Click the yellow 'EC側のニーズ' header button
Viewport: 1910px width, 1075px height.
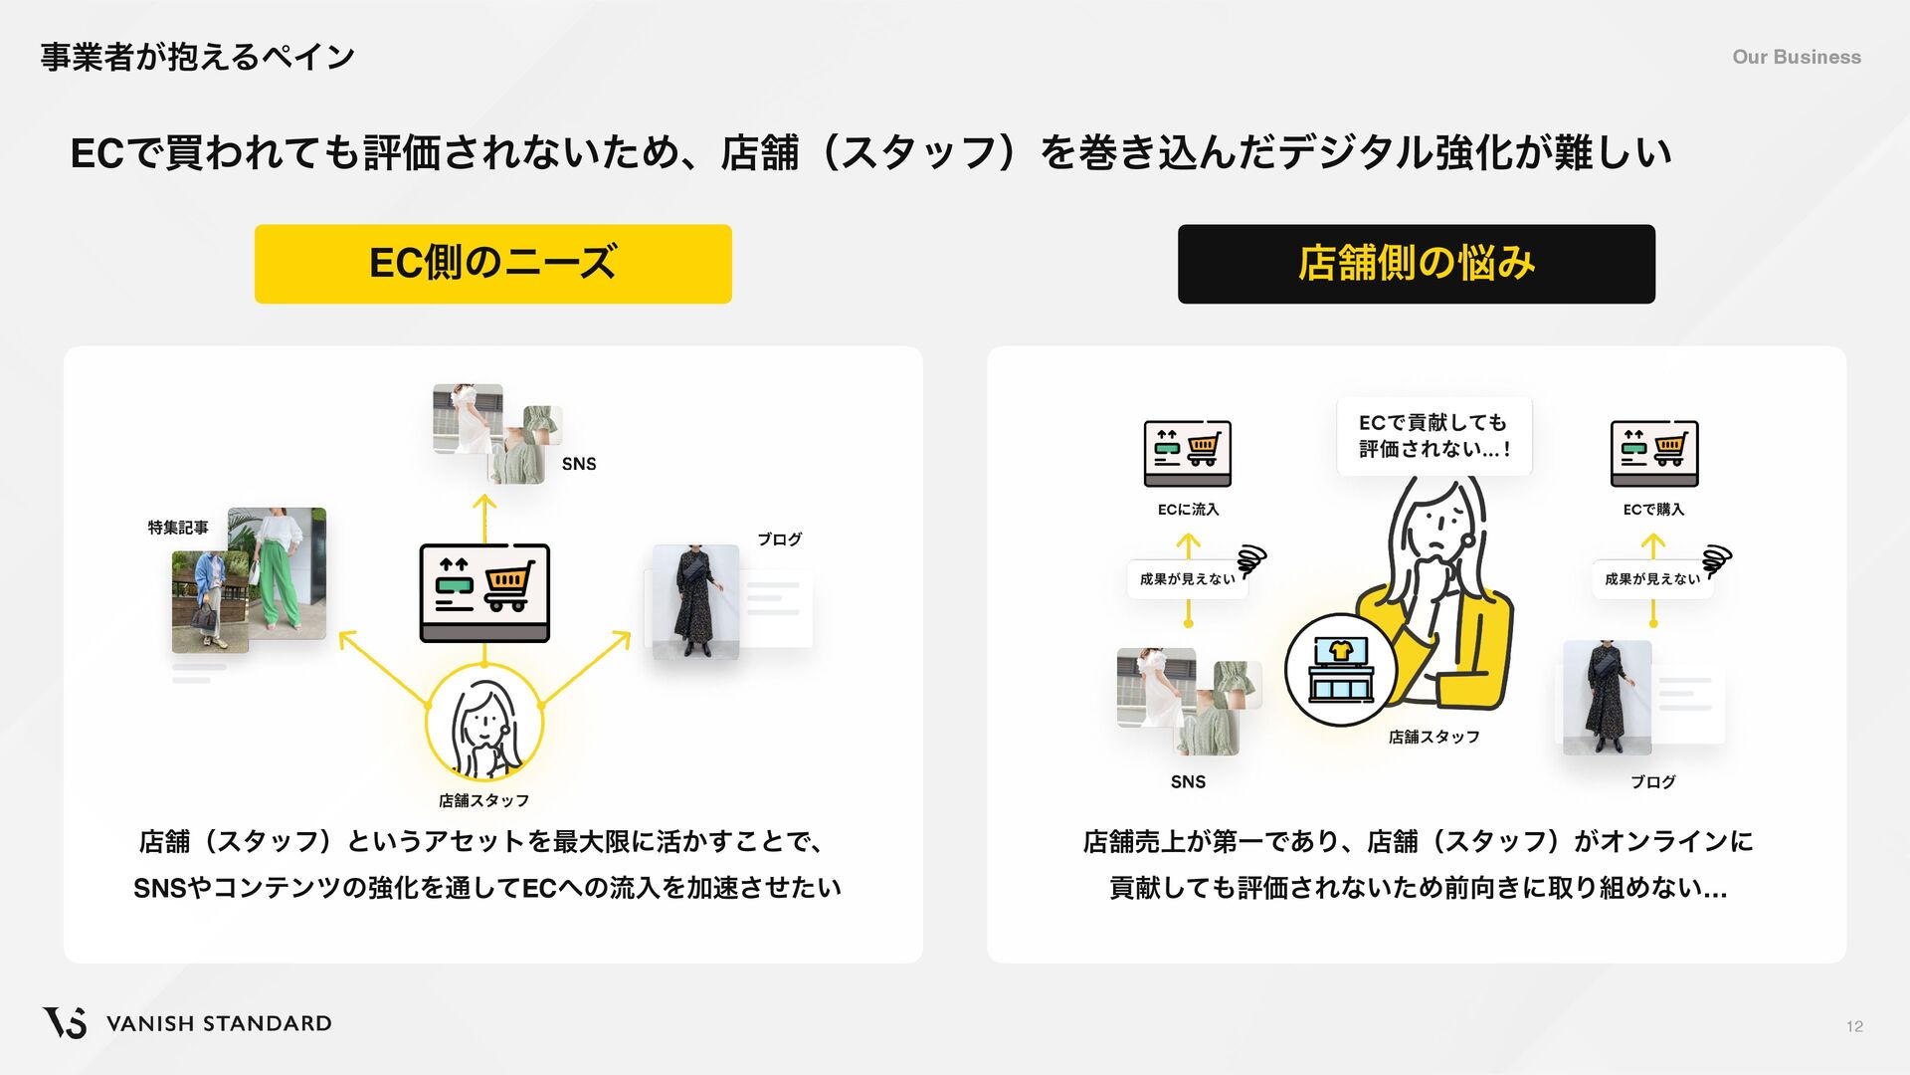[492, 264]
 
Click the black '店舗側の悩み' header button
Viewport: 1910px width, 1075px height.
[1416, 264]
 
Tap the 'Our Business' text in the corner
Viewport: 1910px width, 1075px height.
[1796, 57]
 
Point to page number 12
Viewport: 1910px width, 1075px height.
[1854, 1026]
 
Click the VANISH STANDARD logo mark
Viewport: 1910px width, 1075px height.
[65, 1022]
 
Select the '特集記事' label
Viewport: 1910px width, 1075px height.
[178, 528]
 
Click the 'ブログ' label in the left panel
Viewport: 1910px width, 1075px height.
[779, 539]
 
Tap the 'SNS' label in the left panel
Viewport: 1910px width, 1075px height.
[579, 464]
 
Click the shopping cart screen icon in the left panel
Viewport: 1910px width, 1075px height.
[484, 592]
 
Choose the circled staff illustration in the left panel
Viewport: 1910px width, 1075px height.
[484, 724]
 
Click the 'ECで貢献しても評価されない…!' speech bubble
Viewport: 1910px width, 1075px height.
[1433, 436]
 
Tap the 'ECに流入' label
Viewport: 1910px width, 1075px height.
[1188, 510]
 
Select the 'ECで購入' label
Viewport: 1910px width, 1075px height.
[1653, 510]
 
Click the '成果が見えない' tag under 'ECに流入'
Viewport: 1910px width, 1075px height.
[1187, 579]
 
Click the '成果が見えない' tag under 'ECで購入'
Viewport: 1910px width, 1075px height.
[1652, 579]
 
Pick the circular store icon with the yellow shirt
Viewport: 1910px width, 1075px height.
[1340, 669]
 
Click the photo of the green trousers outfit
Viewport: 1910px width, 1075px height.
[279, 572]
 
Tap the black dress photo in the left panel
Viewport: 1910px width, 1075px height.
[694, 601]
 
